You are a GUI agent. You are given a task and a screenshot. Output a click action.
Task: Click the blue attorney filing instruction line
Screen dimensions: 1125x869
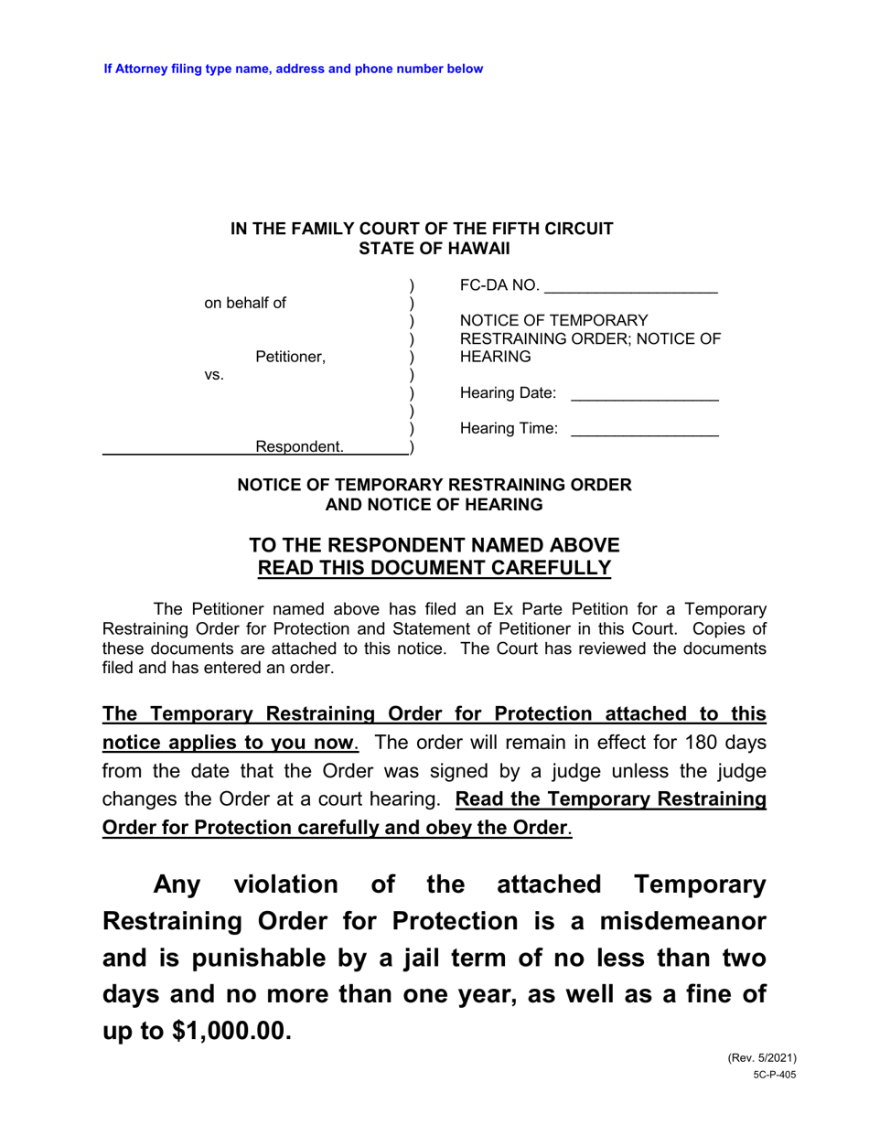tap(293, 69)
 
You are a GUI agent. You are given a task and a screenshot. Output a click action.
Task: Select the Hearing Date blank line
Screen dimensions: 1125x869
tap(644, 394)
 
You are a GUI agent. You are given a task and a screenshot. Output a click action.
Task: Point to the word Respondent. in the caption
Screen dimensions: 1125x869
tap(300, 446)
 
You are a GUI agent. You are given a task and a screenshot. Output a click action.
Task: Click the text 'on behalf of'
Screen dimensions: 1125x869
tap(244, 303)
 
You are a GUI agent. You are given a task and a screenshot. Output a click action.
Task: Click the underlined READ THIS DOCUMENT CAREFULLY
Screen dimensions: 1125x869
tap(434, 568)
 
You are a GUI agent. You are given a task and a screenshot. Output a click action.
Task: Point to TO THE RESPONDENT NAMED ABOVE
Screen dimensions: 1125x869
tap(434, 545)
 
